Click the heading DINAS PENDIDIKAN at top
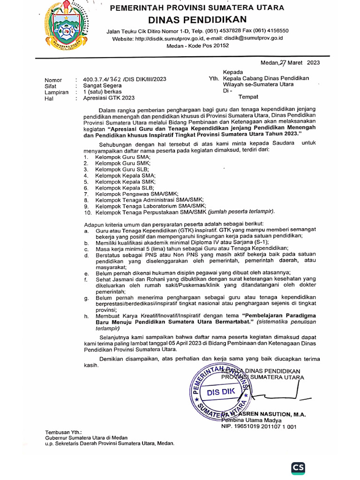[197, 19]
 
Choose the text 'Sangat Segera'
[102, 86]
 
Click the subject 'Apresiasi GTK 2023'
[108, 98]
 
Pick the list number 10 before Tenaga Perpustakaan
[87, 212]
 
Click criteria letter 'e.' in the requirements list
[87, 273]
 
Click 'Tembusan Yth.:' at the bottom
[63, 432]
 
